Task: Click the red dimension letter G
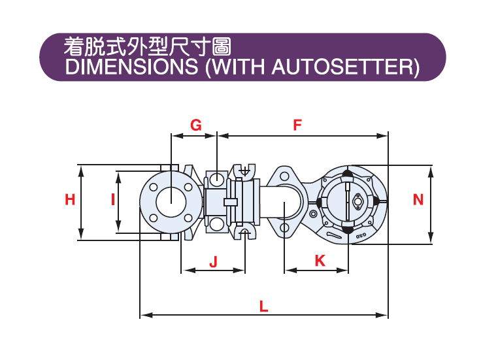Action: [x=195, y=125]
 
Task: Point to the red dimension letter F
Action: [x=297, y=125]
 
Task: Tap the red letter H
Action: [x=70, y=200]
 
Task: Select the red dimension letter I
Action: [x=112, y=199]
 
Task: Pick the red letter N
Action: [x=418, y=200]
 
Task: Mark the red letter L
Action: [x=264, y=305]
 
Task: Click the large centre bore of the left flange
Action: [x=170, y=199]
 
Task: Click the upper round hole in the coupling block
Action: [x=216, y=178]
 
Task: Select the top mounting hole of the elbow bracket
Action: [x=284, y=175]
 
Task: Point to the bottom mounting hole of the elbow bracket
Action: [x=284, y=227]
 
